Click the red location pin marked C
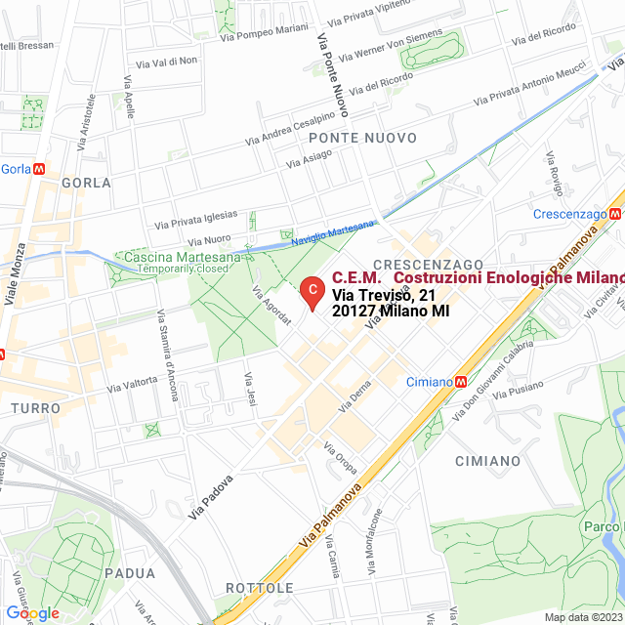pos(311,290)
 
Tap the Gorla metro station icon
pos(39,168)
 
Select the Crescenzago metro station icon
pos(616,213)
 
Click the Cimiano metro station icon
pos(461,382)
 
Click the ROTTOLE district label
pos(259,588)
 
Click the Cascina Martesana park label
pos(183,258)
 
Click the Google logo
pos(32,613)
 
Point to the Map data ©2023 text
pos(583,617)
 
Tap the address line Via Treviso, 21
pos(383,295)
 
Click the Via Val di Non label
pos(166,62)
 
